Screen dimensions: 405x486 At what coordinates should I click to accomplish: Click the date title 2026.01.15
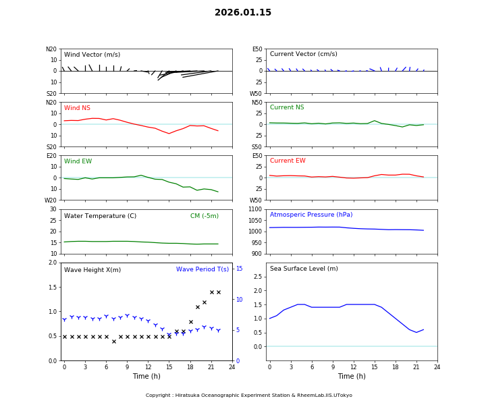point(243,13)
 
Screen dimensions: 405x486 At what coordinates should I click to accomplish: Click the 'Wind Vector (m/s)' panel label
point(92,55)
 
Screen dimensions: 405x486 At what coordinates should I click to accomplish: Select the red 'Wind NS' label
point(77,108)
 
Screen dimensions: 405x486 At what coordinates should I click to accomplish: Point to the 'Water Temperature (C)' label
point(100,216)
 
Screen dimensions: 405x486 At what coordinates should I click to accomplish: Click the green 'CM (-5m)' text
point(204,216)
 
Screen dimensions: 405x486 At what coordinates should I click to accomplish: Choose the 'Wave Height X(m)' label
point(92,270)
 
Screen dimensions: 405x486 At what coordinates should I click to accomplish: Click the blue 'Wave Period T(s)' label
point(202,269)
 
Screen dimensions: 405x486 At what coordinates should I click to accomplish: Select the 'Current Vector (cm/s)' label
point(303,54)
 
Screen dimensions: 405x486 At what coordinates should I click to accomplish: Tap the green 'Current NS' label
point(287,107)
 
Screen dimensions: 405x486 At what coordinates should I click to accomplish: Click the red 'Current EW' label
point(288,161)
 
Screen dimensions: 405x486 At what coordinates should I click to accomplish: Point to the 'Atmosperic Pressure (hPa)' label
point(311,215)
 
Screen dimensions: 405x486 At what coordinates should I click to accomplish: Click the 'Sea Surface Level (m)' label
point(304,269)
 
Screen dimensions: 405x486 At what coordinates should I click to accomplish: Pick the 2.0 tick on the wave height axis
point(53,263)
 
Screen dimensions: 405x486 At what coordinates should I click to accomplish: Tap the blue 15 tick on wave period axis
point(238,269)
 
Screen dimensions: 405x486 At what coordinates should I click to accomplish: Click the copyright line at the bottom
point(249,396)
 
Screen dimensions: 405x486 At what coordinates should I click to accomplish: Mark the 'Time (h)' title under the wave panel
point(146,376)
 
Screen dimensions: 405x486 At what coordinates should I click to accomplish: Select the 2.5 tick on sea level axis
point(258,277)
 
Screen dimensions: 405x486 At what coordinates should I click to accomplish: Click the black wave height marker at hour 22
point(219,292)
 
